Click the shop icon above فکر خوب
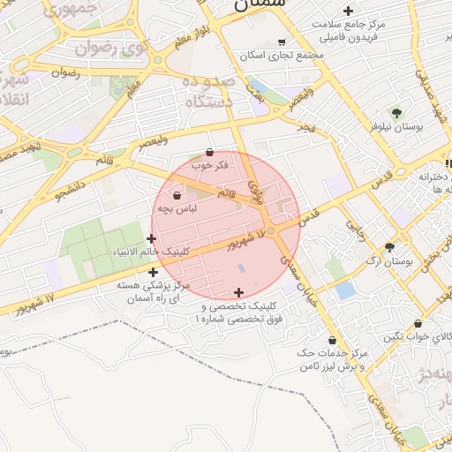click(209, 152)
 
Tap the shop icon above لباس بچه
click(177, 195)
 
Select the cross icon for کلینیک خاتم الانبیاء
click(152, 238)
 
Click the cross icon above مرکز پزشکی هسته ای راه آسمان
click(154, 272)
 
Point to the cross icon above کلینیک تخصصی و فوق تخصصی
click(238, 292)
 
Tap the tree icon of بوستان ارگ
click(389, 248)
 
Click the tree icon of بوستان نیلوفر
click(396, 113)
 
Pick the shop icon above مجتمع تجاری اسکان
click(282, 41)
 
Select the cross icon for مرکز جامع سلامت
click(349, 11)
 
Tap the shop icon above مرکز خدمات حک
click(332, 340)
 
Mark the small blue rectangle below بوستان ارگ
click(346, 290)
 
